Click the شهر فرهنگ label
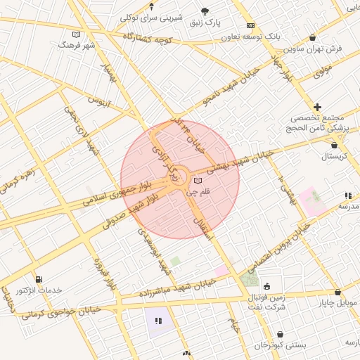click(x=77, y=44)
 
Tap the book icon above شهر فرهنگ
click(x=77, y=34)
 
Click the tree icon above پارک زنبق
click(x=205, y=11)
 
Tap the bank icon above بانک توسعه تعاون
click(x=251, y=25)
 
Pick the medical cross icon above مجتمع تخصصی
click(x=318, y=106)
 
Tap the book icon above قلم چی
click(x=197, y=181)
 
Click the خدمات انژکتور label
click(x=39, y=290)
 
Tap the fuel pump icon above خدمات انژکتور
click(x=38, y=280)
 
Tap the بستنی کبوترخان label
click(x=281, y=345)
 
